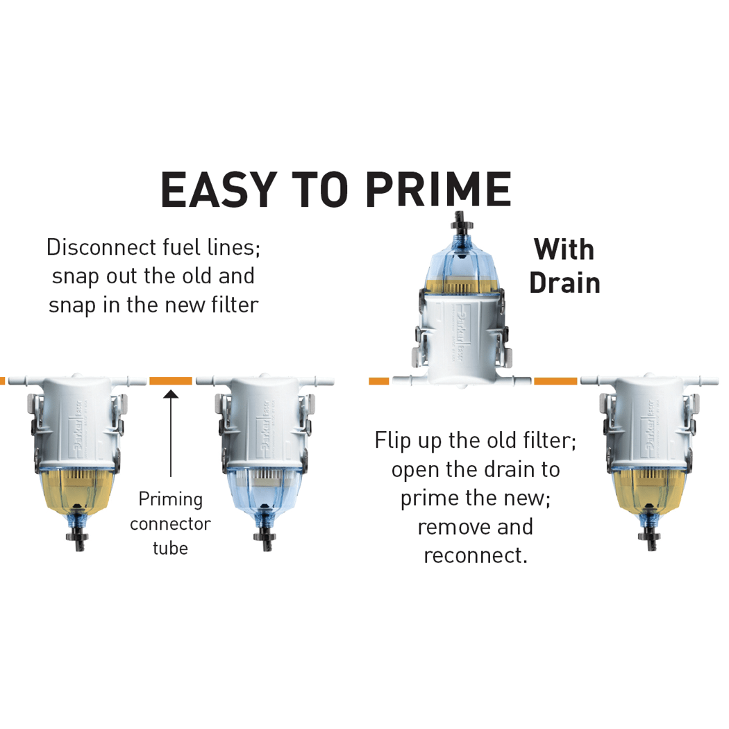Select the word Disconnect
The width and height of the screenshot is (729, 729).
(96, 247)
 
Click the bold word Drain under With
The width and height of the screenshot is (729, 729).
(564, 283)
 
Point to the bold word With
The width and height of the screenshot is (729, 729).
(564, 249)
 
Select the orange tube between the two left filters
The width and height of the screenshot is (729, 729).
(171, 380)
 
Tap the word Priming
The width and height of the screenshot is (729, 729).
(170, 499)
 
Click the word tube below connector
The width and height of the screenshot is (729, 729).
(170, 548)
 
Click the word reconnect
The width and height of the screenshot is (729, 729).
(475, 555)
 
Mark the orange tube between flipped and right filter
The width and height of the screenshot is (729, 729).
(555, 380)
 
